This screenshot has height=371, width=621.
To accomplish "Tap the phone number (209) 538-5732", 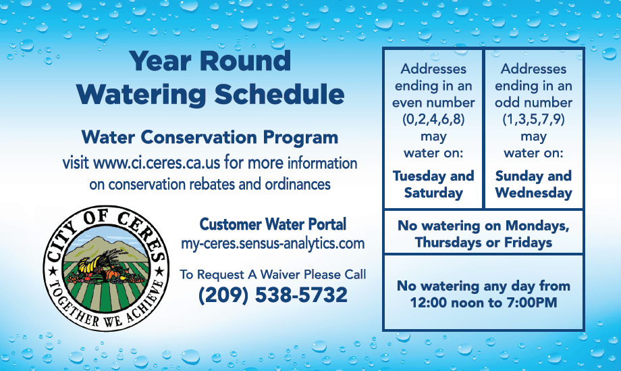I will (273, 295).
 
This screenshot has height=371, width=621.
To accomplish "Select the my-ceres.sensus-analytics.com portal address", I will (273, 243).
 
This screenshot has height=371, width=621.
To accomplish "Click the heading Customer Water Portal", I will (273, 224).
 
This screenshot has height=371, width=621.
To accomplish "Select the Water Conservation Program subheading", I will (209, 137).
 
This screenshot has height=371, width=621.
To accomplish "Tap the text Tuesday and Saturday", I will (433, 184).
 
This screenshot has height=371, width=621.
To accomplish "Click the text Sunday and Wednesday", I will (533, 184).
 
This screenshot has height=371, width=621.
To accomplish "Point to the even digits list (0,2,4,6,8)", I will (433, 120).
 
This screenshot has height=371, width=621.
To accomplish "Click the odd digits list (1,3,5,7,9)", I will (533, 120).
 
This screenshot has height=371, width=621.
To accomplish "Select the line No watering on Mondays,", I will (483, 226).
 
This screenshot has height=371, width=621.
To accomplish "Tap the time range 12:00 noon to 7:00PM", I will (483, 303).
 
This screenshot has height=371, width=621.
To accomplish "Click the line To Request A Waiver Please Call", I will (273, 274).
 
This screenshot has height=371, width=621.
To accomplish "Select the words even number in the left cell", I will (433, 103).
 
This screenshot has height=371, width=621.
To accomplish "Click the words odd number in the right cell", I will (533, 103).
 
